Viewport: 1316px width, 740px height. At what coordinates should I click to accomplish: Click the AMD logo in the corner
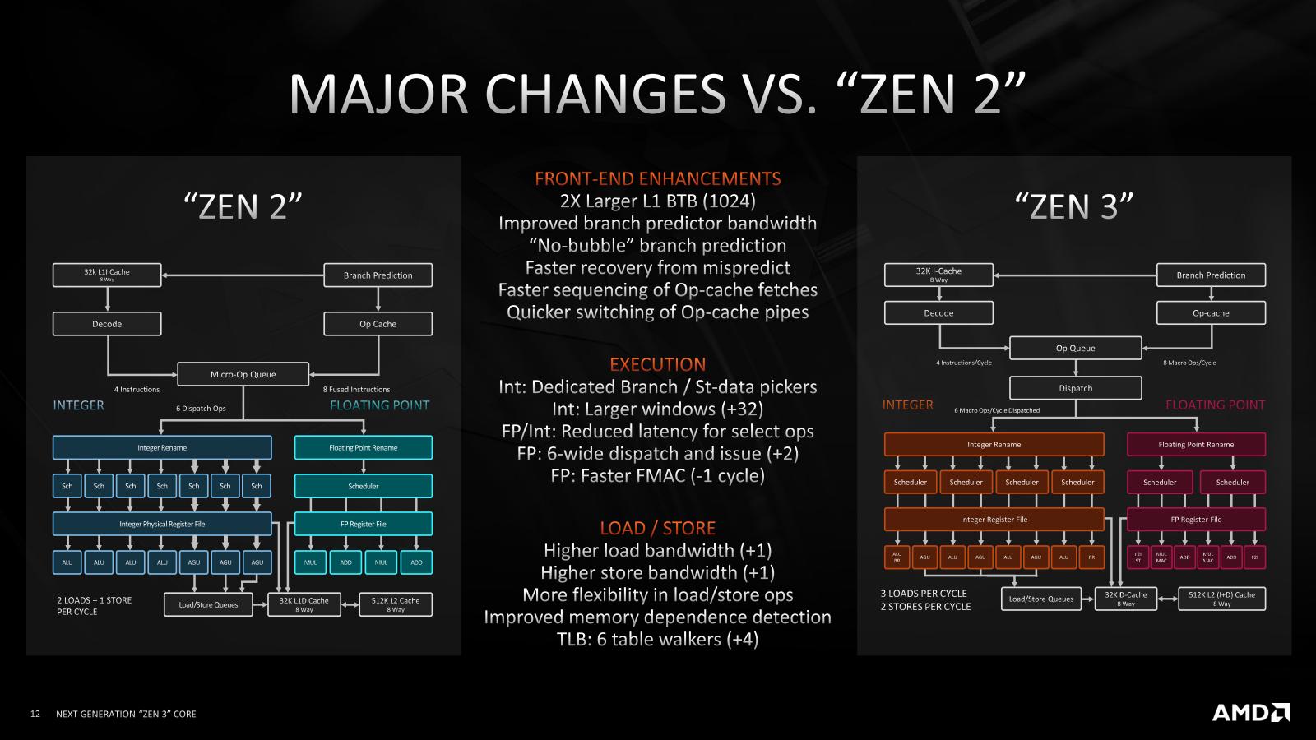pyautogui.click(x=1250, y=712)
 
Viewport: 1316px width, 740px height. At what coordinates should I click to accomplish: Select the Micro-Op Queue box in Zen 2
pyautogui.click(x=243, y=374)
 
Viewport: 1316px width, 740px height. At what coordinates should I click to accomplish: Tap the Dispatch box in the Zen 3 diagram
pyautogui.click(x=1075, y=388)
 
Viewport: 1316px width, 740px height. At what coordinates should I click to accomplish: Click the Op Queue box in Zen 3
pyautogui.click(x=1075, y=348)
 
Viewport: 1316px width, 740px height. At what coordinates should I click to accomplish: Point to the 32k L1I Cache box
pyautogui.click(x=107, y=275)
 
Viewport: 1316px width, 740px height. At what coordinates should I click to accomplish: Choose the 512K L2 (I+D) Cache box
pyautogui.click(x=1221, y=598)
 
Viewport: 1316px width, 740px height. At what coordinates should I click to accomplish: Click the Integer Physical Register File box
pyautogui.click(x=162, y=524)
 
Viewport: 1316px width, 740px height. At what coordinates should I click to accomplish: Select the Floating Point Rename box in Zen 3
pyautogui.click(x=1196, y=444)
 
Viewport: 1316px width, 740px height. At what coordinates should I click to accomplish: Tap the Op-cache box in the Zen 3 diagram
pyautogui.click(x=1211, y=313)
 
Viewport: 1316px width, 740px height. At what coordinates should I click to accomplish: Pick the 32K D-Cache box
pyautogui.click(x=1126, y=598)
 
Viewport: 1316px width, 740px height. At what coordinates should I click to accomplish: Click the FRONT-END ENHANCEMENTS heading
pyautogui.click(x=657, y=178)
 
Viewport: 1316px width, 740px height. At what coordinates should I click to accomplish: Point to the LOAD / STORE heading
pyautogui.click(x=657, y=528)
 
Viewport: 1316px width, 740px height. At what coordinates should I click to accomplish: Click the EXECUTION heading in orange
pyautogui.click(x=657, y=364)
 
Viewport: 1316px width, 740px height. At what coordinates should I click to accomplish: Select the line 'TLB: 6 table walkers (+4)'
pyautogui.click(x=657, y=639)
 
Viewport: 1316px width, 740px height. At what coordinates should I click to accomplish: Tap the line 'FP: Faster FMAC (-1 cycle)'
pyautogui.click(x=657, y=475)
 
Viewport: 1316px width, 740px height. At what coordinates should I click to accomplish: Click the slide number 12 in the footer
pyautogui.click(x=35, y=714)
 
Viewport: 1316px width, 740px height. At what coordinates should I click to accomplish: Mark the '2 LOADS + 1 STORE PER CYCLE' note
pyautogui.click(x=94, y=606)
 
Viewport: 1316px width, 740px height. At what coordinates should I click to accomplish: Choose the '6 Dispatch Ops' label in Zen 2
pyautogui.click(x=201, y=409)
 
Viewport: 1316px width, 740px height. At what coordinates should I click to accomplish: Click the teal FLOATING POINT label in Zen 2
pyautogui.click(x=379, y=405)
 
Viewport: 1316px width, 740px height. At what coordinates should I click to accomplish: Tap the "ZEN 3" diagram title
pyautogui.click(x=1073, y=206)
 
